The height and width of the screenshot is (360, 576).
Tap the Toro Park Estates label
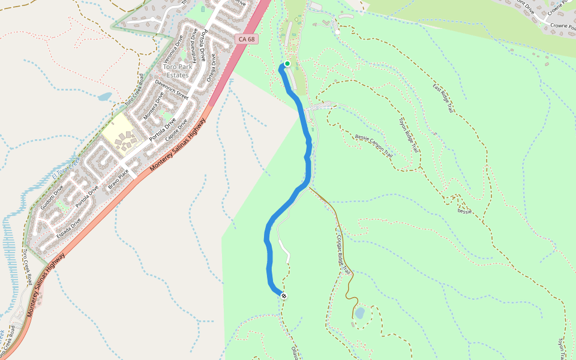click(176, 71)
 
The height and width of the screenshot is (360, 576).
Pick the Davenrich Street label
click(171, 89)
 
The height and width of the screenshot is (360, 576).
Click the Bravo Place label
click(119, 179)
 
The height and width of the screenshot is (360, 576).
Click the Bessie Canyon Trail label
click(374, 146)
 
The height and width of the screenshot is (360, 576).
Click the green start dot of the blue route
click(287, 64)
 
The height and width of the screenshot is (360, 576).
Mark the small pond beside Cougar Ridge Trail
click(359, 313)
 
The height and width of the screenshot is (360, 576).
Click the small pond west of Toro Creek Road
click(104, 96)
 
